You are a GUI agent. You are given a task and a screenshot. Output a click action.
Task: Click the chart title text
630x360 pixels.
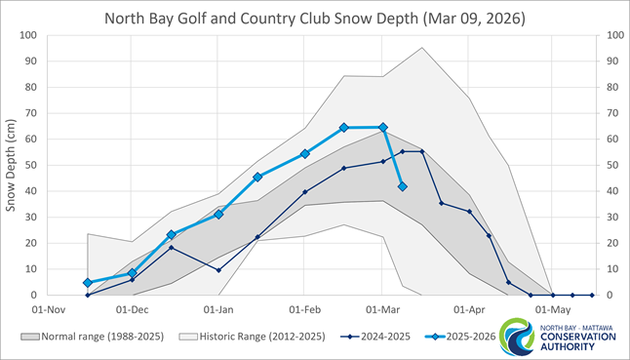coord(315,17)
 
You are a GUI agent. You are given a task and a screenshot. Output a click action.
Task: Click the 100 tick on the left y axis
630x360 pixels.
coord(27,35)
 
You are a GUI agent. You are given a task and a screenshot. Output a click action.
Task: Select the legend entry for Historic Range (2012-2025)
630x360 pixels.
coord(256,337)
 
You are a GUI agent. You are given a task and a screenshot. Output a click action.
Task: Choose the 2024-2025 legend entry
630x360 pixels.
coord(384,337)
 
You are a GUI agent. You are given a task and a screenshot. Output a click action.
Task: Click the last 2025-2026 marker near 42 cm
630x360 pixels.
coord(403,186)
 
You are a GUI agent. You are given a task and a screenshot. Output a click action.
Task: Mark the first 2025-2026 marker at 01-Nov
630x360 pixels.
coord(88,283)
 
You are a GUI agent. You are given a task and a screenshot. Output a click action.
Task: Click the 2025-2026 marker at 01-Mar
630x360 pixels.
coord(382,127)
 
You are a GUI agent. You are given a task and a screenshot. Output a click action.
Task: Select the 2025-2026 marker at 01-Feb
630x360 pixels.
coord(305,153)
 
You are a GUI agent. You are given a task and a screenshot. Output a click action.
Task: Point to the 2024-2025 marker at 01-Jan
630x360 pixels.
coord(218,270)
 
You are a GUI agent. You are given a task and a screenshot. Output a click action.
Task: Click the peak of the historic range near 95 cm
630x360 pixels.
coord(422,48)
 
